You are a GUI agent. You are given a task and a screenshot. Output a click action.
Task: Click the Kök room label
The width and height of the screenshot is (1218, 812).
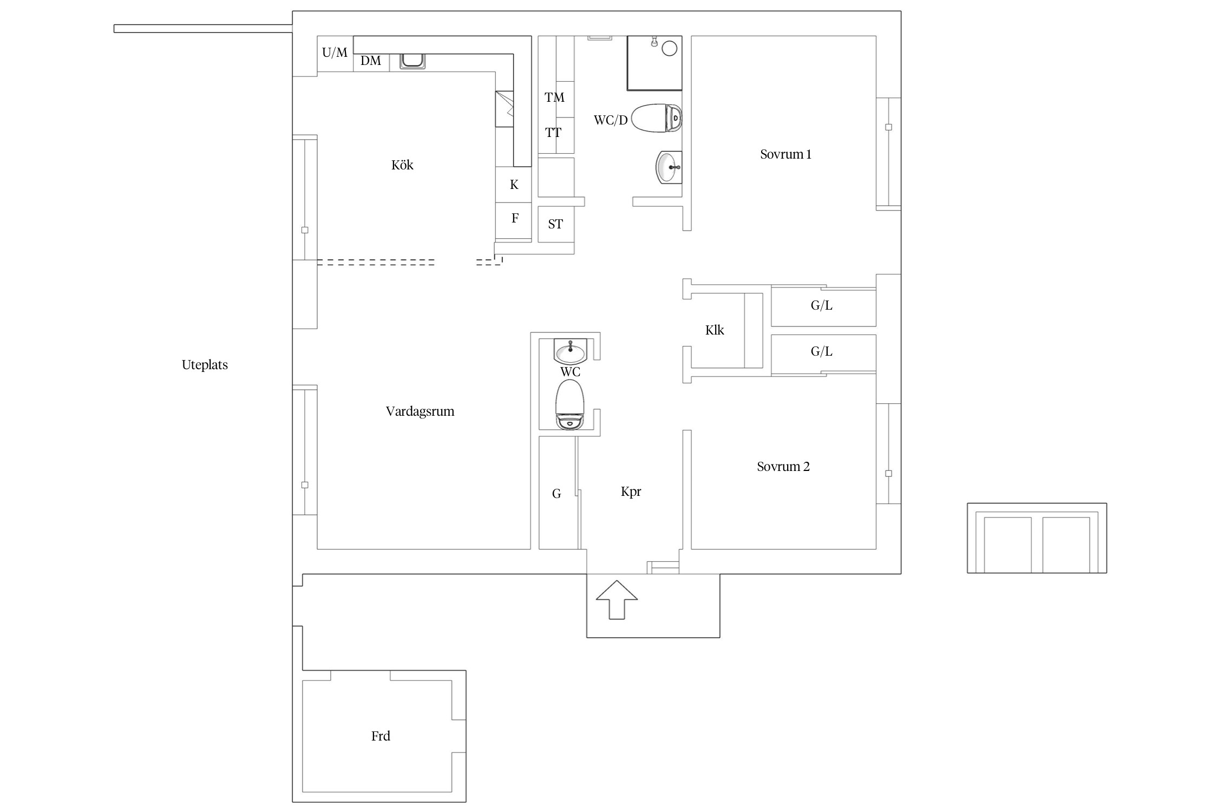(x=402, y=165)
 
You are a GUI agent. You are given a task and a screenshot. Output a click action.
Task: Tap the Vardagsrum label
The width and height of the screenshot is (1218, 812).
(x=420, y=411)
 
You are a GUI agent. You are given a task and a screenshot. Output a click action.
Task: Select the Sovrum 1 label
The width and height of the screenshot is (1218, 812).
(x=785, y=154)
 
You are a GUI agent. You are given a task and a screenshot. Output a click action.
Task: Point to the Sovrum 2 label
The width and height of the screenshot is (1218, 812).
(x=783, y=467)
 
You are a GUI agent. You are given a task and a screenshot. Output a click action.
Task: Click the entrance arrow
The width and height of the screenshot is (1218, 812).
(x=617, y=599)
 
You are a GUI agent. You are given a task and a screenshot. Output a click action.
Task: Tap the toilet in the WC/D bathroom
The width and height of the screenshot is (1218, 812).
(x=656, y=118)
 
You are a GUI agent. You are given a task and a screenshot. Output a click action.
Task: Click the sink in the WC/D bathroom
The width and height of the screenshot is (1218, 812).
(x=669, y=167)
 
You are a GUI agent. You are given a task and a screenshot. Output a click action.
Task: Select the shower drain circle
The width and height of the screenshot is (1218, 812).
(x=670, y=49)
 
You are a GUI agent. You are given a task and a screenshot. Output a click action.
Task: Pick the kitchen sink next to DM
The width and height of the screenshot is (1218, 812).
(x=412, y=61)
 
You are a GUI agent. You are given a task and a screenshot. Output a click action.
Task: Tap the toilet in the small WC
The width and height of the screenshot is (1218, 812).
(x=570, y=404)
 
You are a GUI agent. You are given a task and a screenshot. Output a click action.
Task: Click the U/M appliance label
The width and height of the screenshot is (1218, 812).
(x=335, y=53)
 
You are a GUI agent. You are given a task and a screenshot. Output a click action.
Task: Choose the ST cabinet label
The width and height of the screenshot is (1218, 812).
(x=555, y=224)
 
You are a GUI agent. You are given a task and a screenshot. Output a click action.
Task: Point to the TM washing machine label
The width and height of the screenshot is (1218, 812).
(x=554, y=97)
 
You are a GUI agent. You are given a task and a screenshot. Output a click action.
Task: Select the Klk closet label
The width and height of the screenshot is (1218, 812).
(x=715, y=330)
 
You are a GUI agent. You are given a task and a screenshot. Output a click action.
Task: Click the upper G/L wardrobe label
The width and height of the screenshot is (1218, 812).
(x=821, y=305)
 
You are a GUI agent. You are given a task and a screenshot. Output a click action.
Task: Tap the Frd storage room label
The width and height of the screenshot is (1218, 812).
(x=381, y=736)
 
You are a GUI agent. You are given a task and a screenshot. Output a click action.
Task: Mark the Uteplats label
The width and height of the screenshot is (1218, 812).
(x=205, y=365)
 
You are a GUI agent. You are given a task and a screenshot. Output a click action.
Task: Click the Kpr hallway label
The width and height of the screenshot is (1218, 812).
(x=631, y=492)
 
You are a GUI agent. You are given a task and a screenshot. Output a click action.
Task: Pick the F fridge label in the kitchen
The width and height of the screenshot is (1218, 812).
(x=515, y=218)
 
